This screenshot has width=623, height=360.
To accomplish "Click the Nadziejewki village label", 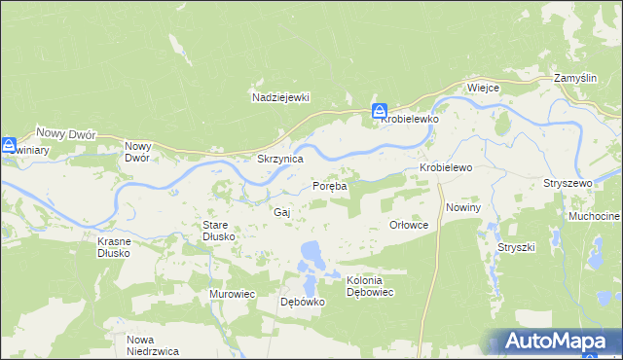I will tap(279, 97).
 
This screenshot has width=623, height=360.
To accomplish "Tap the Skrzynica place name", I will tap(279, 158).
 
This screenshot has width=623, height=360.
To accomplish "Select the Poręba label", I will tap(329, 186).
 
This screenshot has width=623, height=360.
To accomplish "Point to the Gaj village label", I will tap(282, 211).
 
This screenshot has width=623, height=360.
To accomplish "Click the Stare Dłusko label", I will tap(214, 231).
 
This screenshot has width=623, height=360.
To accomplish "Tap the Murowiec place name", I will tap(232, 293).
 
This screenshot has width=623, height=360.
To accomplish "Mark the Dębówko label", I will tap(302, 302).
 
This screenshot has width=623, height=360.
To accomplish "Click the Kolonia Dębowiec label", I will tap(370, 286).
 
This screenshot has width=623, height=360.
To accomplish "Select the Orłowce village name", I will tap(409, 224).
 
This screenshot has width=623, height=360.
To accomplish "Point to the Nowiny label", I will tap(463, 208).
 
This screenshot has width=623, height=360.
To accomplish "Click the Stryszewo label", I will tap(568, 183).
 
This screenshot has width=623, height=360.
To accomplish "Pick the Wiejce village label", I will tap(483, 88).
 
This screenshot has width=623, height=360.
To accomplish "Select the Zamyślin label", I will tap(573, 77).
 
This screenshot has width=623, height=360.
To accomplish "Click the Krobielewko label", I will tap(411, 118).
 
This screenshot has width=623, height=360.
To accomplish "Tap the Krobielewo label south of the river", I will tap(446, 167).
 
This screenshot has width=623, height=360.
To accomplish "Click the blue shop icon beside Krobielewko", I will tap(380, 112).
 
